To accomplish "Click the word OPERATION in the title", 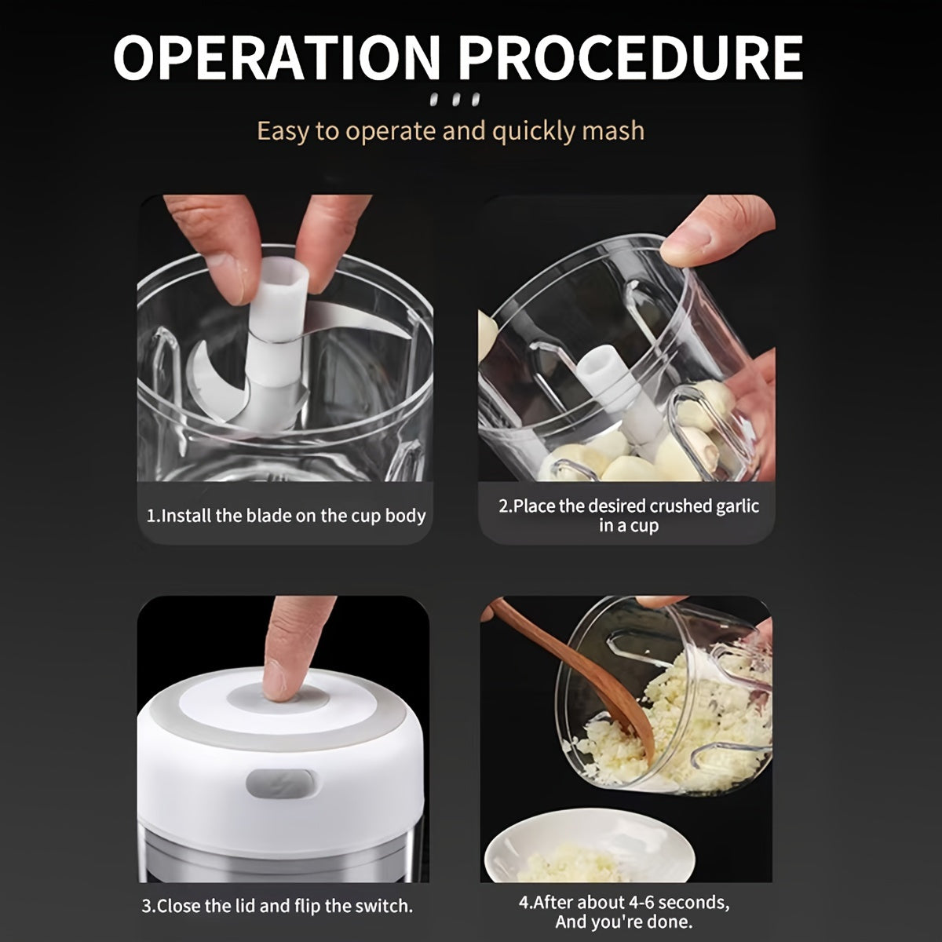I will (x=277, y=57).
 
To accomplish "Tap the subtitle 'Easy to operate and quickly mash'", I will (x=451, y=130).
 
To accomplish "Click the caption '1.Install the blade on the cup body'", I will (x=287, y=516).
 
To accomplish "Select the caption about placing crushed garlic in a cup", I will (x=629, y=516).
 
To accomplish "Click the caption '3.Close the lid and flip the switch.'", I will (x=277, y=905).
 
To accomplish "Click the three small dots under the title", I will (x=455, y=100).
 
